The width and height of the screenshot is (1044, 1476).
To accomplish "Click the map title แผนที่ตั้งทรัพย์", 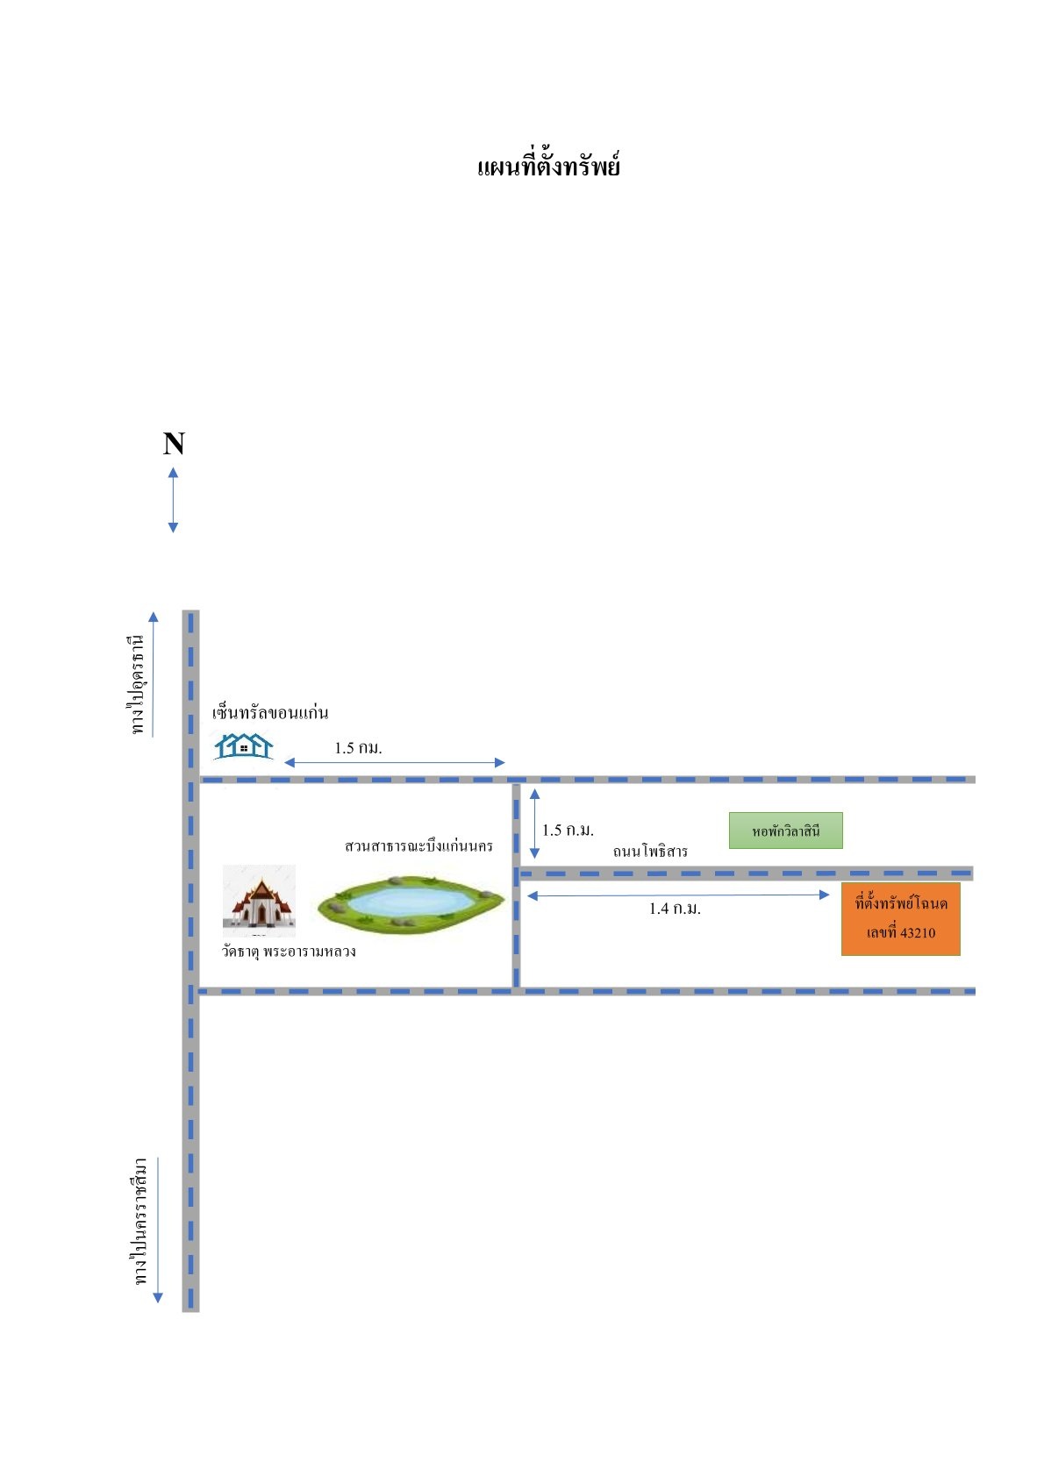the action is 547,166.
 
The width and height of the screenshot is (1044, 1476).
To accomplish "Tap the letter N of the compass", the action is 174,444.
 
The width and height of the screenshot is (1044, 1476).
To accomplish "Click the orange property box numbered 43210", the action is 900,918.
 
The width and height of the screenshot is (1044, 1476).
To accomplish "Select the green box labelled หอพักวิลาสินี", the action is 786,831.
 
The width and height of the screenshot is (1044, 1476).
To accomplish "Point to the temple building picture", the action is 259,900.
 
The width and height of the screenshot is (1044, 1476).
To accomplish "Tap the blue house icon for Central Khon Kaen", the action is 243,746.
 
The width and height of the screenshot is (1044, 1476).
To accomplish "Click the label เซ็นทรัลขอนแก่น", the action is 270,711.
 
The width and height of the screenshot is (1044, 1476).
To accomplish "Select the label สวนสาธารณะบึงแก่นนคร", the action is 418,845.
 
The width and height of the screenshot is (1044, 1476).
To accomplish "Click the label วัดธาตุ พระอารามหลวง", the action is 289,952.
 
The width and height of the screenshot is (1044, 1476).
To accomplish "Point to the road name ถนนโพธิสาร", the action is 650,852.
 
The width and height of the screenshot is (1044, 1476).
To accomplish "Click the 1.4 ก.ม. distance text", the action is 675,909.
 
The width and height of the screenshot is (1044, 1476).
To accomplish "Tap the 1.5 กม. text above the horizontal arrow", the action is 358,748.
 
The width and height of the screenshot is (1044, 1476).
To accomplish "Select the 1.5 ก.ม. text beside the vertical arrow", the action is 568,831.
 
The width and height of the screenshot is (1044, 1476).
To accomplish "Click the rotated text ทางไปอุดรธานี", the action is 137,685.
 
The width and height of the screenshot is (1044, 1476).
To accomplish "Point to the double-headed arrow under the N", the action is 174,500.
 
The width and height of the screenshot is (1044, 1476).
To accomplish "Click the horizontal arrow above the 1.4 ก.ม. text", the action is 678,895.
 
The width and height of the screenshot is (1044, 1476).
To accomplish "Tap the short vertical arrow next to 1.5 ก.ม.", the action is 534,823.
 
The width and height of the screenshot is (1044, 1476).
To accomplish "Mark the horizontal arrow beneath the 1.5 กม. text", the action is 394,762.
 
